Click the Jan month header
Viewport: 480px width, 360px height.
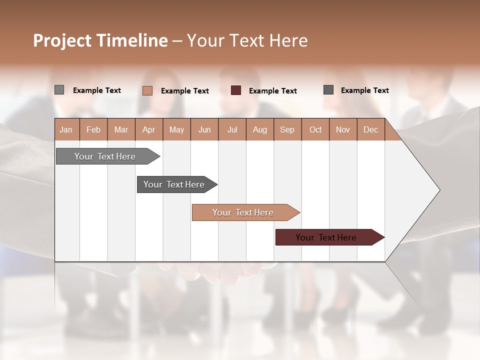point(66,130)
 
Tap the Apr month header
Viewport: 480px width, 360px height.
point(149,130)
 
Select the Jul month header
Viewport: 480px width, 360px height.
point(232,130)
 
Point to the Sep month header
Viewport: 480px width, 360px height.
point(287,130)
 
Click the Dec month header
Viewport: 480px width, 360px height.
point(370,130)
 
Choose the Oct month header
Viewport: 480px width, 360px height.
point(315,130)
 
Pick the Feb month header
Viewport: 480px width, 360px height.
point(93,130)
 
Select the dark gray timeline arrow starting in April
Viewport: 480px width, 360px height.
point(174,184)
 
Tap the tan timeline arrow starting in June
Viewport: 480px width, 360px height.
point(243,212)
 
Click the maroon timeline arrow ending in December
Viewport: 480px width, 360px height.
point(326,237)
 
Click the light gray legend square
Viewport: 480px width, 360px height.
point(59,90)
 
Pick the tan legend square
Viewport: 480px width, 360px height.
point(147,90)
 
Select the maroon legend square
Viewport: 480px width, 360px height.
point(236,90)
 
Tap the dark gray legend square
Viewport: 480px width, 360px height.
point(328,90)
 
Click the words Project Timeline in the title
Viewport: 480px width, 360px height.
point(100,40)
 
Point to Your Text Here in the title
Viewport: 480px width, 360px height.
point(247,40)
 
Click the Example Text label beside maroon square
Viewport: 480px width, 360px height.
point(272,91)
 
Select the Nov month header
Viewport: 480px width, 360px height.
point(343,130)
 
